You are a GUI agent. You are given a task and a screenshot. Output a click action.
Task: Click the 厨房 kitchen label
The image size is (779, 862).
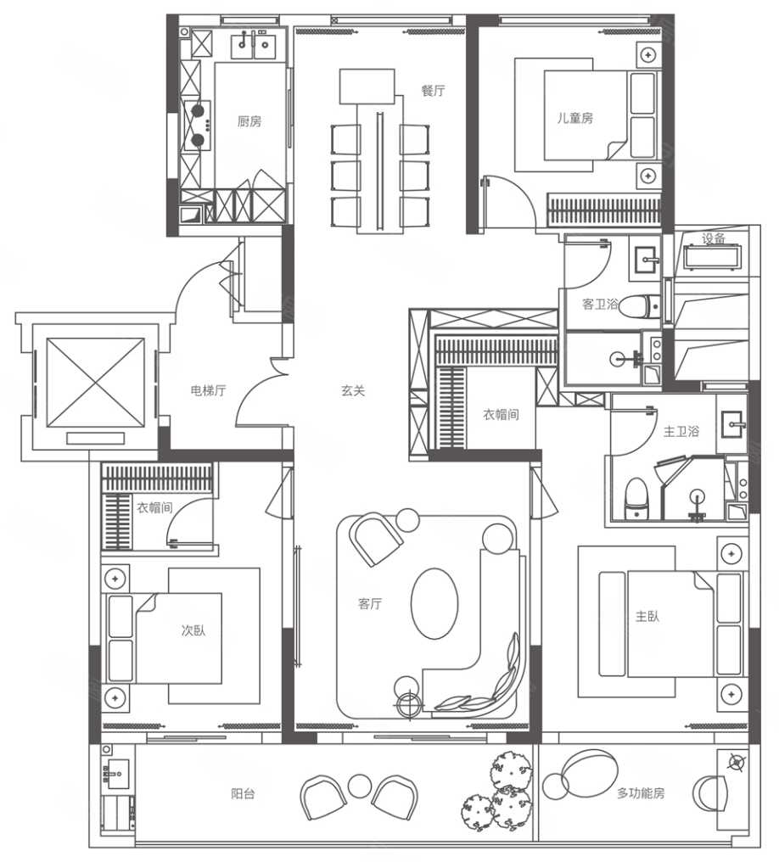[x=249, y=121]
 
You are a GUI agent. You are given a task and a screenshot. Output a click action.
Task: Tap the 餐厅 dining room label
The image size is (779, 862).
[x=434, y=91]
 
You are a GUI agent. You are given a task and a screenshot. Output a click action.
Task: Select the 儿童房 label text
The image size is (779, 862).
[x=575, y=118]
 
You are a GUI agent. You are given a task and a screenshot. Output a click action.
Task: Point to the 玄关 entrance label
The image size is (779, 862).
[x=353, y=391]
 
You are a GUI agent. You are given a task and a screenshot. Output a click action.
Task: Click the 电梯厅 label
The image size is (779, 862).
[x=208, y=391]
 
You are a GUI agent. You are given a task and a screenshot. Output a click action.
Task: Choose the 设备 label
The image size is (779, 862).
[x=714, y=239]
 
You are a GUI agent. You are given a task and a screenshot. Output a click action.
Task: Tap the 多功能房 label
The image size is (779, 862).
[x=641, y=793]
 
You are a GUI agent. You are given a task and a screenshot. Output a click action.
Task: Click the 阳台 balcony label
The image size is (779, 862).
[x=243, y=794]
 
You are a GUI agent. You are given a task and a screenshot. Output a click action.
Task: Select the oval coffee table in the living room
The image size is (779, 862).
[x=434, y=603]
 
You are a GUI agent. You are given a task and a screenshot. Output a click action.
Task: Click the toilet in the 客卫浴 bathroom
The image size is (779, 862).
[x=639, y=307]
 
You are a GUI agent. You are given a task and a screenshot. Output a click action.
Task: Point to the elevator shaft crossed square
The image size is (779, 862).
[x=96, y=383]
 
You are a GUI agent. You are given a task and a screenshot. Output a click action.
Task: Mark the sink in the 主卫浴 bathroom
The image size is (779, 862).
[x=731, y=424]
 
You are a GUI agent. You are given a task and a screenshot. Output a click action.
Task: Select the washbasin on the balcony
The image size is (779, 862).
[x=118, y=774]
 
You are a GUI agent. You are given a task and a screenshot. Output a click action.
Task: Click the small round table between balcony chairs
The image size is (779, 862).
[x=360, y=786]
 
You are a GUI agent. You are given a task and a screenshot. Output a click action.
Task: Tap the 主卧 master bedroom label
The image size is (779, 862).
[x=647, y=616]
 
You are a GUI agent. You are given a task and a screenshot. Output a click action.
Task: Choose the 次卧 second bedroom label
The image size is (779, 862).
[x=193, y=630]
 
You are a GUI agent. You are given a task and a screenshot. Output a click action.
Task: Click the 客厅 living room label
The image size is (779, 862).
[x=370, y=603]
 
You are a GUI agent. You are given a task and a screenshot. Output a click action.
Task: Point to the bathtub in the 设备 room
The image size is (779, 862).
[x=713, y=257]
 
